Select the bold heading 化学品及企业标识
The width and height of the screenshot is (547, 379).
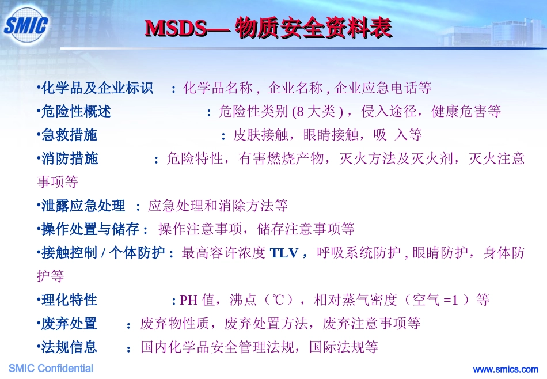pos(97,89)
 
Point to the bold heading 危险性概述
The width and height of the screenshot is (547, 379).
pos(77,112)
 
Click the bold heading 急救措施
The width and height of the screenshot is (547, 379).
pos(70,135)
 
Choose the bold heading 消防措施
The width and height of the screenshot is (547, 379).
pos(70,159)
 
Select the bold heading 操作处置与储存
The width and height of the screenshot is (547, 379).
pos(90,229)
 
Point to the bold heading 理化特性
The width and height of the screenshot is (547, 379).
pos(70,300)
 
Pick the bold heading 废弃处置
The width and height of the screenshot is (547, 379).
pos(70,324)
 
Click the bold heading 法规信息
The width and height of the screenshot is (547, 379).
pos(70,347)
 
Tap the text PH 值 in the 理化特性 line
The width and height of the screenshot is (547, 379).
pos(197,300)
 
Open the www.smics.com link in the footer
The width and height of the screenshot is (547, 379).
pos(505,369)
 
